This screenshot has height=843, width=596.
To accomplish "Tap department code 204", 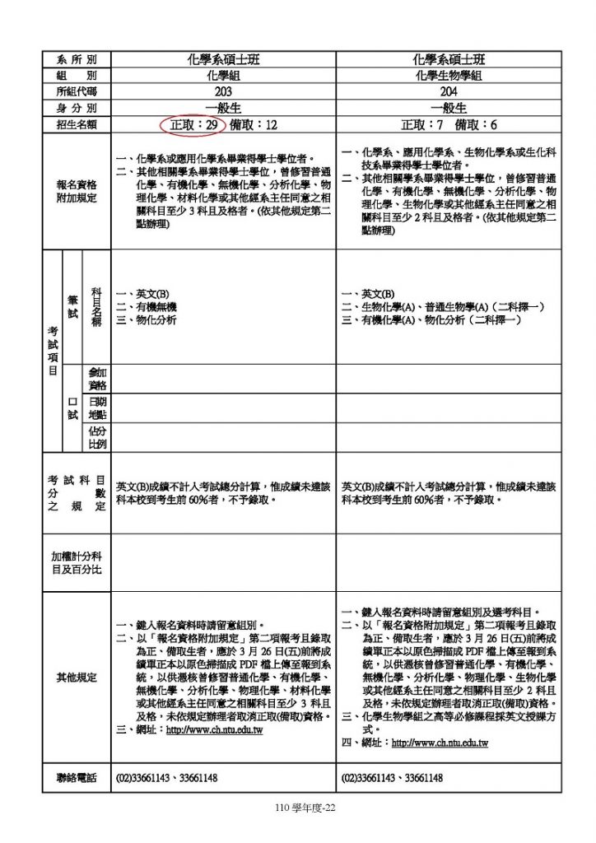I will click(x=448, y=91).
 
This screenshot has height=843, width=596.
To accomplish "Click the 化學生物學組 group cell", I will click(x=448, y=75).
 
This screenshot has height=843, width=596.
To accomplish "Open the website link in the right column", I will click(x=440, y=743).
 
